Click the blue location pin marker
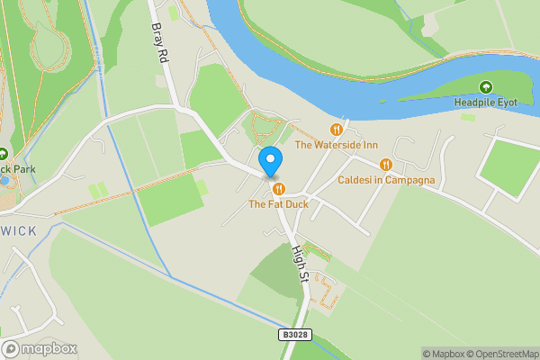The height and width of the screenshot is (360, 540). click(270, 161)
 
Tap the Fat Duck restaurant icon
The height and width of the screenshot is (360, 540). click(279, 189)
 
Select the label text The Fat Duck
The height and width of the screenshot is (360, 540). click(279, 204)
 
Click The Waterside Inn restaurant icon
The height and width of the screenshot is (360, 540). click(337, 130)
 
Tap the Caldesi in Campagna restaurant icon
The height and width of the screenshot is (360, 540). click(386, 165)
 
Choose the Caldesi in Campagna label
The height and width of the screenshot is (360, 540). click(386, 180)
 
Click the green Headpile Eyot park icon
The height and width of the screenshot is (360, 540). click(486, 87)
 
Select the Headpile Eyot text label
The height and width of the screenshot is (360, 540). click(486, 103)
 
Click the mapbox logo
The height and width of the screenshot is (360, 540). click(40, 348)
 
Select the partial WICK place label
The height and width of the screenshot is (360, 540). click(18, 231)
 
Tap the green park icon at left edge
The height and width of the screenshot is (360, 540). click(3, 153)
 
